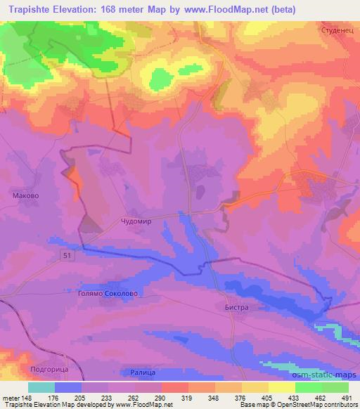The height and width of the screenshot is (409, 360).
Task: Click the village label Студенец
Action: coord(335,32)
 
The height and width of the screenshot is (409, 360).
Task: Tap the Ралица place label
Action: coord(143,372)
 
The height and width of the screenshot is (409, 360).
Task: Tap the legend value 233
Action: coord(108,397)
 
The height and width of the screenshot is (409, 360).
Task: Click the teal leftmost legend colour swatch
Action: coord(41,387)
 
